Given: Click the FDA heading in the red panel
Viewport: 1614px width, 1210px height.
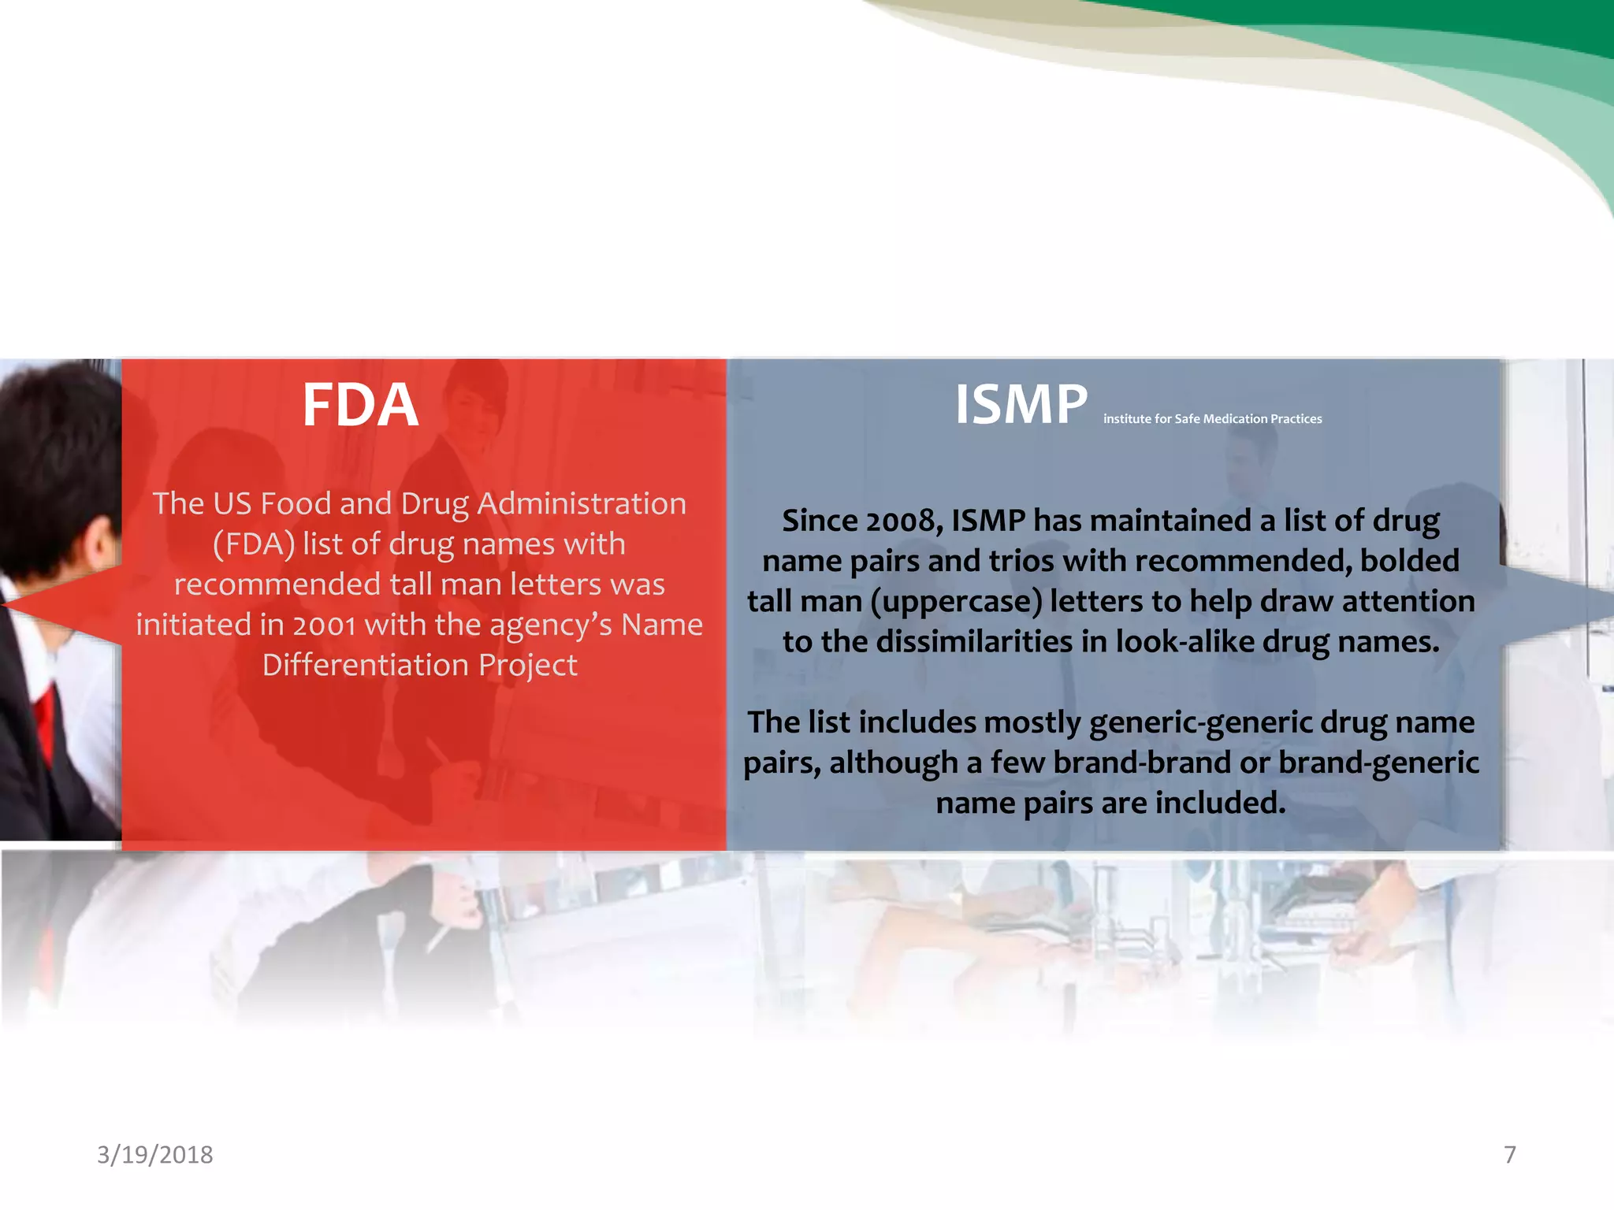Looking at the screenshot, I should pyautogui.click(x=360, y=406).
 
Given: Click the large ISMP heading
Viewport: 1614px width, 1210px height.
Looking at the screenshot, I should pyautogui.click(x=1021, y=406).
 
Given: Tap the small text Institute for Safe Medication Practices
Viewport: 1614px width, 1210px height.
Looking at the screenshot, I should pyautogui.click(x=1212, y=419).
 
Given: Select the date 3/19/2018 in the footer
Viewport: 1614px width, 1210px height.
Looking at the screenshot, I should pyautogui.click(x=154, y=1154).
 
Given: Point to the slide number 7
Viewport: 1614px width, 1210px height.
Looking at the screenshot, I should pyautogui.click(x=1509, y=1154).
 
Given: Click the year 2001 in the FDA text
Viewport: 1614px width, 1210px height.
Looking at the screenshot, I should pyautogui.click(x=324, y=625).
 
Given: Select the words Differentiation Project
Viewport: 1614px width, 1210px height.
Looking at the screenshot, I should pyautogui.click(x=419, y=666).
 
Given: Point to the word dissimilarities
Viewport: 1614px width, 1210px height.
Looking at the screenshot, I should pyautogui.click(x=974, y=642).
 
